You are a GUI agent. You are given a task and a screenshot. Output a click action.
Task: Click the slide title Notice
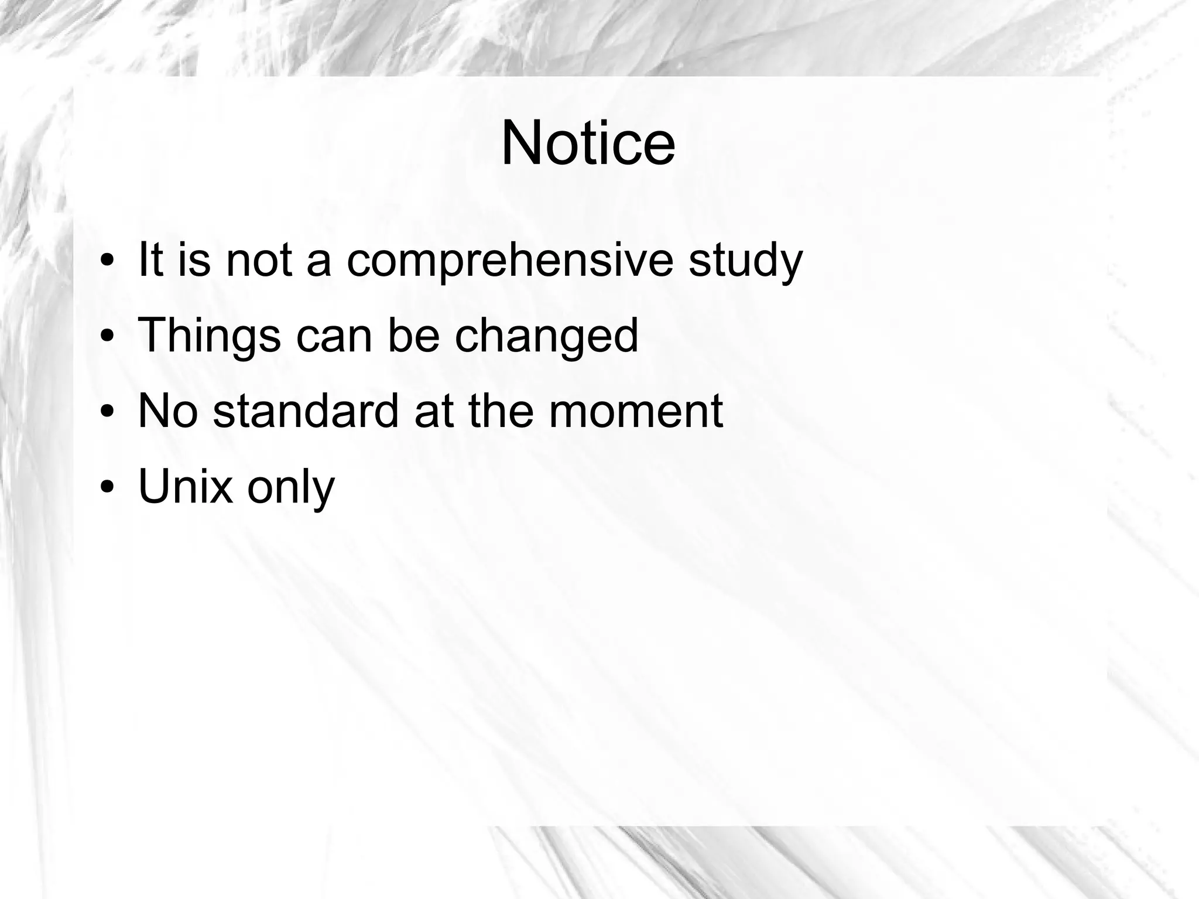(588, 143)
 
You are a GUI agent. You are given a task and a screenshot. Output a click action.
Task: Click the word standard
(306, 411)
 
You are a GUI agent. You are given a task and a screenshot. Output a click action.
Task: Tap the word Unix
(185, 486)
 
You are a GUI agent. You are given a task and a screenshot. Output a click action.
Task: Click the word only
(291, 488)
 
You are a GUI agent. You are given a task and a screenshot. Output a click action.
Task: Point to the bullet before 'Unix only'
(107, 487)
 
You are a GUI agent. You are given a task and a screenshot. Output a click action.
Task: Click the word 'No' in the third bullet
(167, 411)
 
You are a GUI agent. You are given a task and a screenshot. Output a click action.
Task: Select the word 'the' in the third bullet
(503, 411)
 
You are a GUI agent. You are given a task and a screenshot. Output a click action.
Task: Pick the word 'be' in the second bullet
(413, 336)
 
